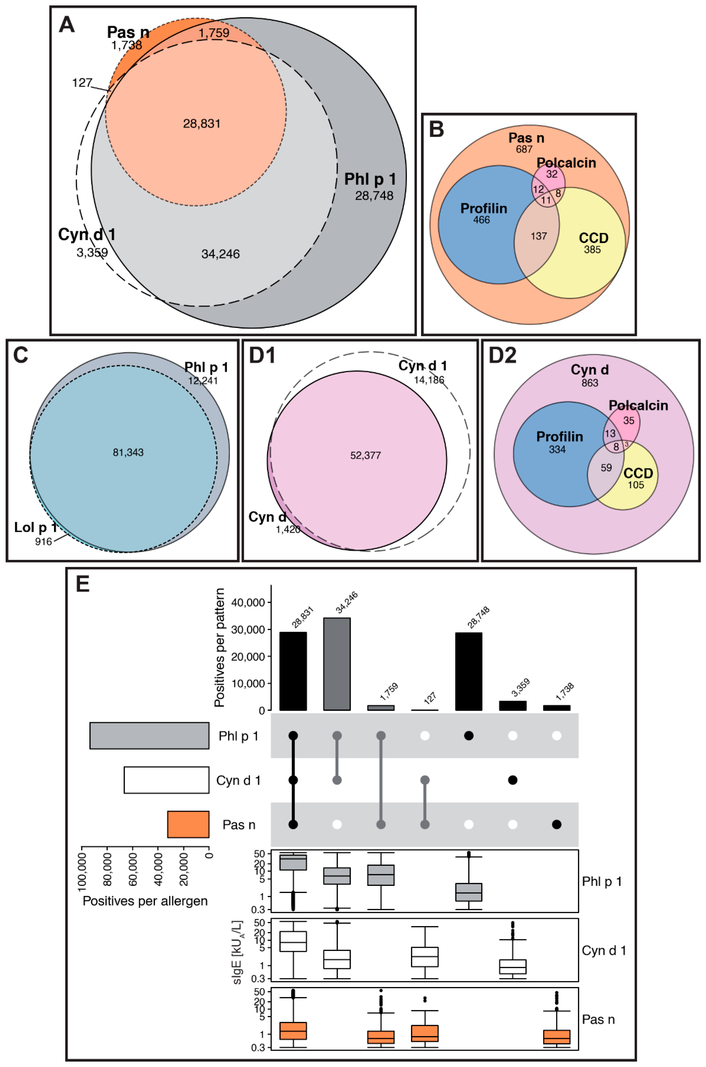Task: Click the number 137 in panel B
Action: [539, 236]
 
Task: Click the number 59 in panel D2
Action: [606, 467]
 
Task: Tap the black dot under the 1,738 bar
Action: [557, 824]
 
